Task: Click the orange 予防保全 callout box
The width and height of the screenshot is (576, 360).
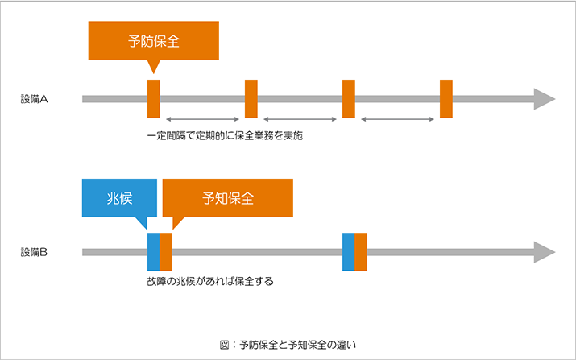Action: (153, 41)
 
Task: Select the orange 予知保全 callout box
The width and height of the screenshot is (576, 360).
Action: (227, 198)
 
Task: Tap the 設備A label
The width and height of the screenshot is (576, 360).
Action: (35, 100)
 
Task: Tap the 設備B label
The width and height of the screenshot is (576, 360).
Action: (35, 252)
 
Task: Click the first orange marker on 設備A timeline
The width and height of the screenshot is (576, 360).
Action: (154, 99)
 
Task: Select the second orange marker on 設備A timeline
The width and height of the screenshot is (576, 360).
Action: (251, 99)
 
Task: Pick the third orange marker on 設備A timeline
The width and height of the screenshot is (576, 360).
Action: (349, 99)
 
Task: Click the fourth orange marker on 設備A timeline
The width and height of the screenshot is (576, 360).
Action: (446, 99)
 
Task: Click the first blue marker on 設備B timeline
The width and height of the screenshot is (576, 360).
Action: (153, 251)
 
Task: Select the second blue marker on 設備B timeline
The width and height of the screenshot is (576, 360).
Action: (348, 251)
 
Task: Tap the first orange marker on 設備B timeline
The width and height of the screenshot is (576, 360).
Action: (166, 251)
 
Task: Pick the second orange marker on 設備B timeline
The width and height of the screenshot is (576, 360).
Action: (361, 251)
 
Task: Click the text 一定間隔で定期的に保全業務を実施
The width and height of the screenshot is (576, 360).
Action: (226, 136)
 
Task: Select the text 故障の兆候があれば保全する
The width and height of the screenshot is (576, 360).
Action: (211, 283)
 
